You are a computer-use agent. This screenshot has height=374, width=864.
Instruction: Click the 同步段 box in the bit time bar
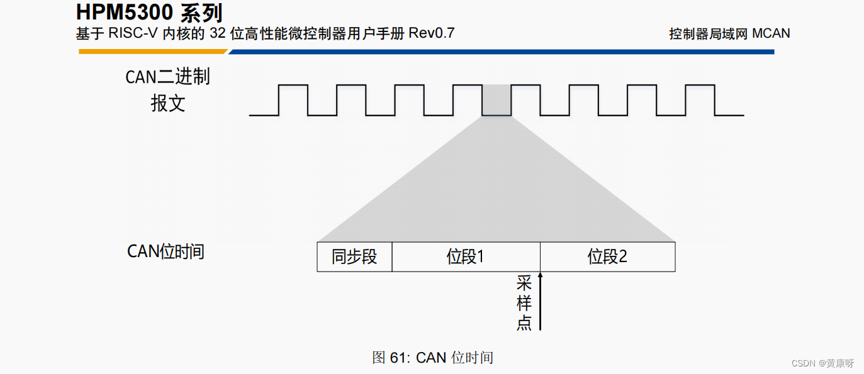[x=354, y=256]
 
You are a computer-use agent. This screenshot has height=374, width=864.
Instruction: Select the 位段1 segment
[x=466, y=256]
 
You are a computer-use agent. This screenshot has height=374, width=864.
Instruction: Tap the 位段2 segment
[x=607, y=256]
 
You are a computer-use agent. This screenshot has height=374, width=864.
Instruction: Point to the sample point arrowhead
[x=540, y=275]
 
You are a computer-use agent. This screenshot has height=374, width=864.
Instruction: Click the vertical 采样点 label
[x=524, y=302]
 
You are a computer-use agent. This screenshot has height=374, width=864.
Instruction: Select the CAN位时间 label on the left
[x=166, y=251]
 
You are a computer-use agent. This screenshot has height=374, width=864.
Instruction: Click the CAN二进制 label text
[x=167, y=77]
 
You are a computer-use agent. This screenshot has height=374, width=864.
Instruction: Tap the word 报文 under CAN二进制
[x=168, y=103]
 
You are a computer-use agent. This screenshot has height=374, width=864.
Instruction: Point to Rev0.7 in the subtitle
[x=431, y=33]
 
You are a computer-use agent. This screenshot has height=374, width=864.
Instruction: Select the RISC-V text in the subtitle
[x=133, y=33]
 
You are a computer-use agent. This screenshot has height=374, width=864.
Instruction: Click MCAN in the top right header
[x=771, y=34]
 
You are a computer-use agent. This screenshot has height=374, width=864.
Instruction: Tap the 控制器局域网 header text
[x=708, y=34]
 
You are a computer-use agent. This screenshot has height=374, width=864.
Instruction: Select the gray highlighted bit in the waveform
[x=496, y=101]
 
